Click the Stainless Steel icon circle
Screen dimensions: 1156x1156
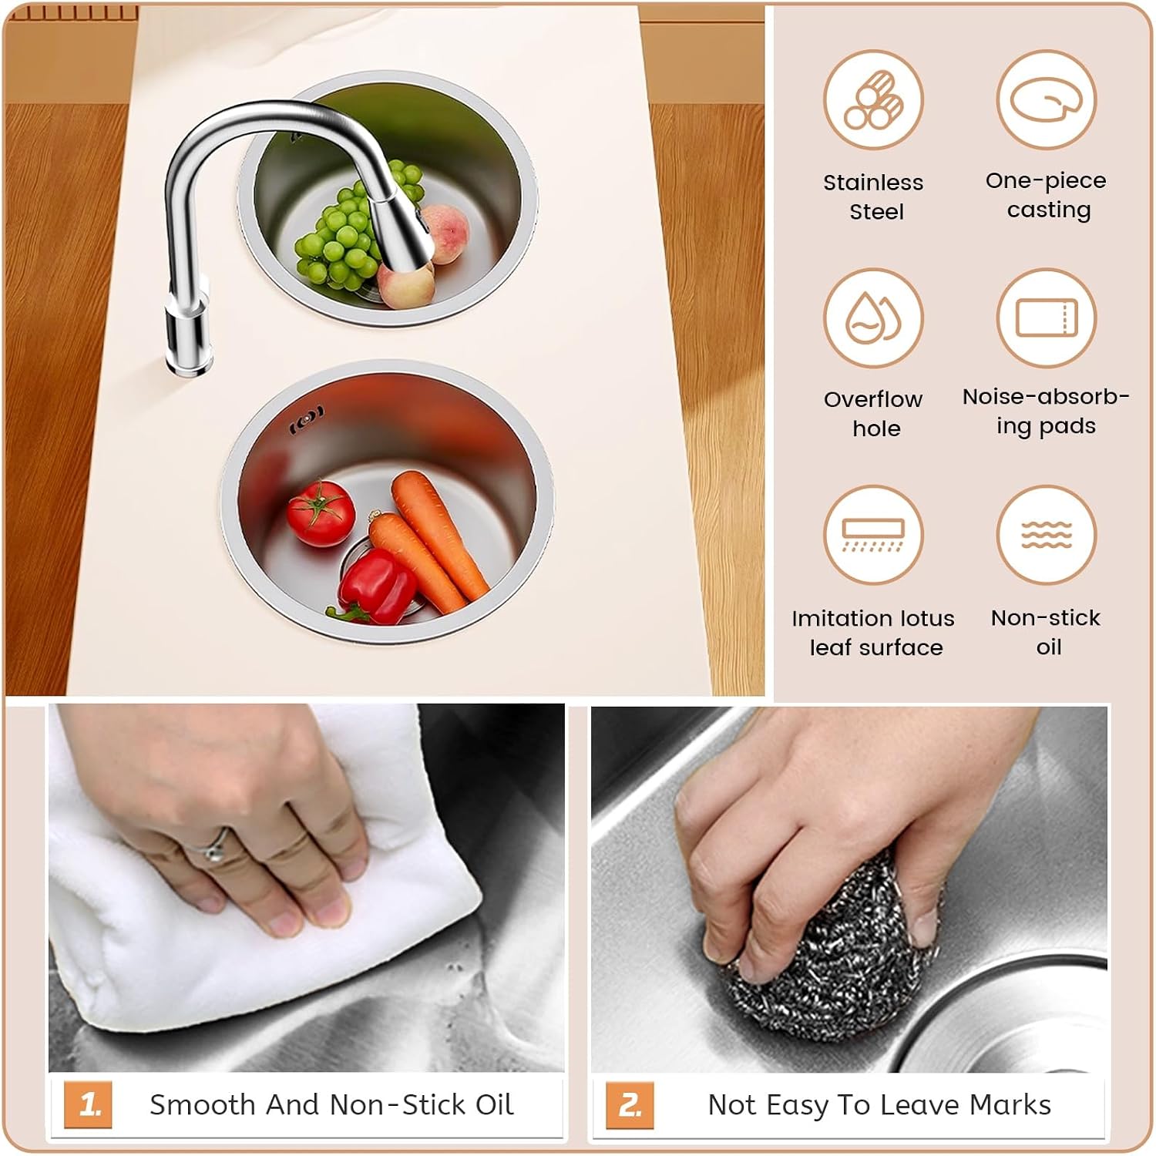pyautogui.click(x=873, y=101)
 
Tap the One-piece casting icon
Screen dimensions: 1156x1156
pyautogui.click(x=1046, y=101)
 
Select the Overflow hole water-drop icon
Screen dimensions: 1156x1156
pyautogui.click(x=873, y=318)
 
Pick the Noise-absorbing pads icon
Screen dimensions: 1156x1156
pyautogui.click(x=1046, y=318)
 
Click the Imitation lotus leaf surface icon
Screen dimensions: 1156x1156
pyautogui.click(x=873, y=535)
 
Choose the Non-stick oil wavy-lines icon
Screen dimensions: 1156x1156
pyautogui.click(x=1046, y=535)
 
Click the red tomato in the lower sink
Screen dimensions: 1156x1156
pyautogui.click(x=321, y=512)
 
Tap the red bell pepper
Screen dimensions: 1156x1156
pyautogui.click(x=373, y=587)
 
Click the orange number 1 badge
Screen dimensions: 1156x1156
pyautogui.click(x=88, y=1105)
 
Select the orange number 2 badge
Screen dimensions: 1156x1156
pyautogui.click(x=630, y=1105)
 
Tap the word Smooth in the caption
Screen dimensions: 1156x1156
pyautogui.click(x=203, y=1105)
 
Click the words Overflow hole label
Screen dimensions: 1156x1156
pyautogui.click(x=874, y=414)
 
